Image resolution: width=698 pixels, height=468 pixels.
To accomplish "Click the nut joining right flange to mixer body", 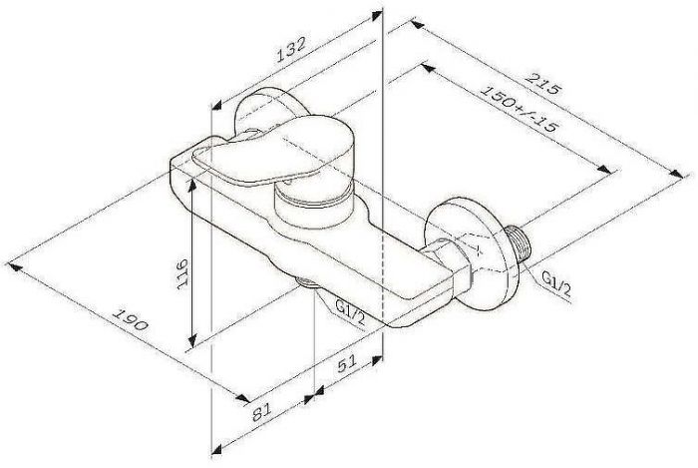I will [x=451, y=261].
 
